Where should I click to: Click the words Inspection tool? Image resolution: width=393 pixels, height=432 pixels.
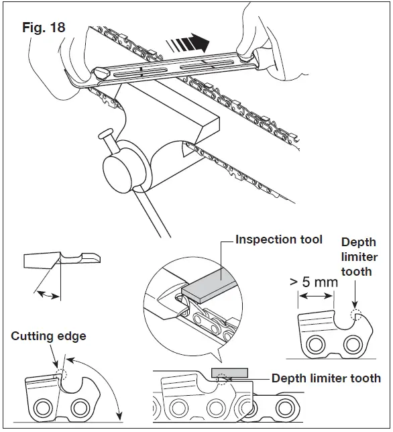pyautogui.click(x=279, y=239)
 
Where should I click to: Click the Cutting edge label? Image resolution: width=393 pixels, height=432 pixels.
pyautogui.click(x=48, y=336)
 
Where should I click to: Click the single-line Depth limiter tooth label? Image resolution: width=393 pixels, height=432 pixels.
pyautogui.click(x=327, y=379)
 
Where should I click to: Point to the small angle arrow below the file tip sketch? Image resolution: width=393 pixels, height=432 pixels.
pyautogui.click(x=46, y=293)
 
